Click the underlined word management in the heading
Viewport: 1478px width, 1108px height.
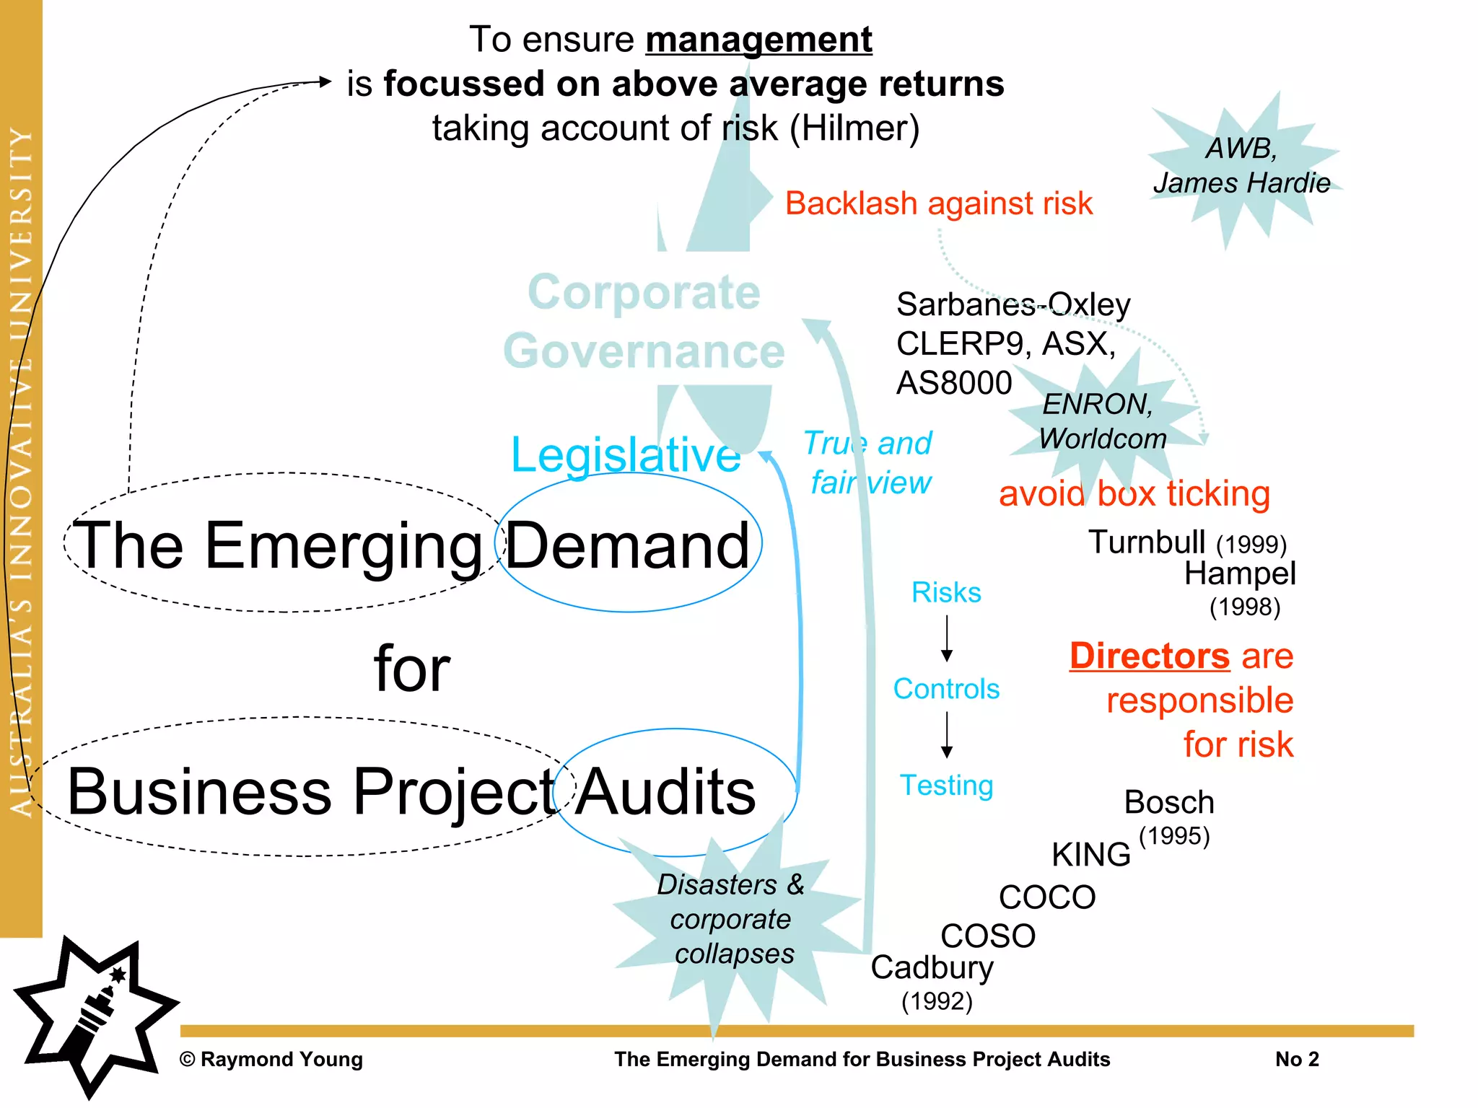[758, 40]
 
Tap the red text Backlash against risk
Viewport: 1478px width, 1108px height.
[938, 203]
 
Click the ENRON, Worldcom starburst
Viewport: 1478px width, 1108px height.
[1101, 422]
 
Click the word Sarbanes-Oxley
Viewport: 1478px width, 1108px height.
[1013, 305]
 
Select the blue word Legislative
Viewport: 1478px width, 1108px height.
[625, 455]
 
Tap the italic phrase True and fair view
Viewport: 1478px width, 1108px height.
[869, 462]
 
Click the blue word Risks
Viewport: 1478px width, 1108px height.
[946, 593]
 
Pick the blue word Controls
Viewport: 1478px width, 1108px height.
[946, 689]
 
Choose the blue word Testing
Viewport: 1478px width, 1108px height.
[946, 785]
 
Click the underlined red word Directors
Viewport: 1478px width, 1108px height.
[1149, 656]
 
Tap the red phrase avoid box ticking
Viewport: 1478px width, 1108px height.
[1134, 494]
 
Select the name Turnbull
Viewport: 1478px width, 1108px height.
[1147, 542]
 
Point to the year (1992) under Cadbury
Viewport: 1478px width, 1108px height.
[937, 1001]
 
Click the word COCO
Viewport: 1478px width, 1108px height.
[1047, 897]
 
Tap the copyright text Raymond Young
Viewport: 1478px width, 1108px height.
[271, 1059]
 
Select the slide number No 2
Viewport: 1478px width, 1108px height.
[1297, 1059]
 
